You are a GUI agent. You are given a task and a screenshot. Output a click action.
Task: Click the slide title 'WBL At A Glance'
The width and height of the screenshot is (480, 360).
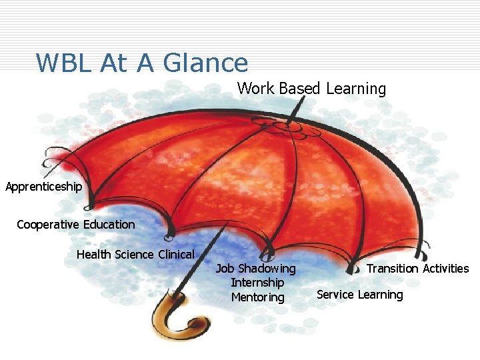141,63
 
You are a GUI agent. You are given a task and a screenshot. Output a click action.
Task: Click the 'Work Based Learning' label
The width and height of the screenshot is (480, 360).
311,89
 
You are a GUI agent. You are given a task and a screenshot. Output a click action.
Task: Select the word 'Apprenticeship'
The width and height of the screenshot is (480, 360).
43,187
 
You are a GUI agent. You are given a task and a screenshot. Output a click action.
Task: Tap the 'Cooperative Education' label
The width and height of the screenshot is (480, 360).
75,225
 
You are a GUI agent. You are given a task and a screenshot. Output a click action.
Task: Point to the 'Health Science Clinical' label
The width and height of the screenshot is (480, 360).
135,255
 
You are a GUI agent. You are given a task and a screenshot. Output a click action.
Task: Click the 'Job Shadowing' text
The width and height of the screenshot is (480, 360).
255,269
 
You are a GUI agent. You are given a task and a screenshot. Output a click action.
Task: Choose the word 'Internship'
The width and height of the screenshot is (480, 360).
257,283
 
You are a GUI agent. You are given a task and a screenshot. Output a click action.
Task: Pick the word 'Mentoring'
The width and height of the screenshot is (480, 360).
257,297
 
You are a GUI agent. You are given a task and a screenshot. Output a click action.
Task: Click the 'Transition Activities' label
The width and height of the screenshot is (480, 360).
417,269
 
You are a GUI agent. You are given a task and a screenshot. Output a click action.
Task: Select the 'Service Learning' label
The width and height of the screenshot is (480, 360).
359,295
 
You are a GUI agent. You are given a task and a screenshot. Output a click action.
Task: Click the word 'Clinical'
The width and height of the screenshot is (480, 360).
176,255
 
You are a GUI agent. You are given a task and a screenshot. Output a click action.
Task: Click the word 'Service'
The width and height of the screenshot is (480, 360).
335,295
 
